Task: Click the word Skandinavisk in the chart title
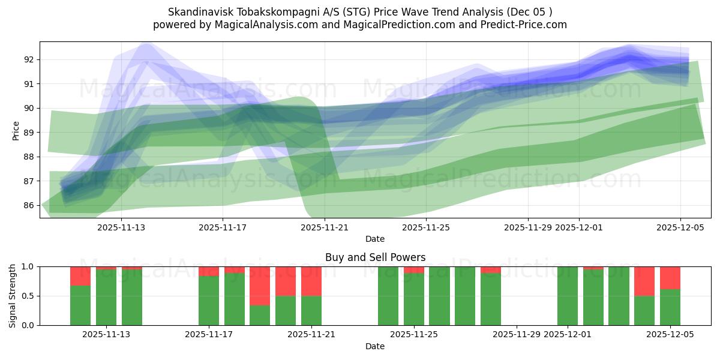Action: point(196,12)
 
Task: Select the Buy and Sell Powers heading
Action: point(375,257)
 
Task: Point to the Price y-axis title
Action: point(16,130)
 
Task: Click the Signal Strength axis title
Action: point(13,296)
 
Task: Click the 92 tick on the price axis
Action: point(29,59)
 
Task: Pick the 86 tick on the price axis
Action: point(29,205)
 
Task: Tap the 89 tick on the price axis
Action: point(29,133)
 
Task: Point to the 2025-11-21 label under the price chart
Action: point(324,227)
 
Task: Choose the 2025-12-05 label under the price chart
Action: point(680,227)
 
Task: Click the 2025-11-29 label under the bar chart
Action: point(517,335)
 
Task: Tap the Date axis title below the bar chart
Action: point(375,346)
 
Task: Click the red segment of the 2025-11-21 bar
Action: point(311,281)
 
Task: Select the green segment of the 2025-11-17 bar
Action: point(209,300)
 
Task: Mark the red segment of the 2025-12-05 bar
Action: point(670,278)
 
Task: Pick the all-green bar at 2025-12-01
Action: point(568,296)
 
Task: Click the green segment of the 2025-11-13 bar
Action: point(106,297)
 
